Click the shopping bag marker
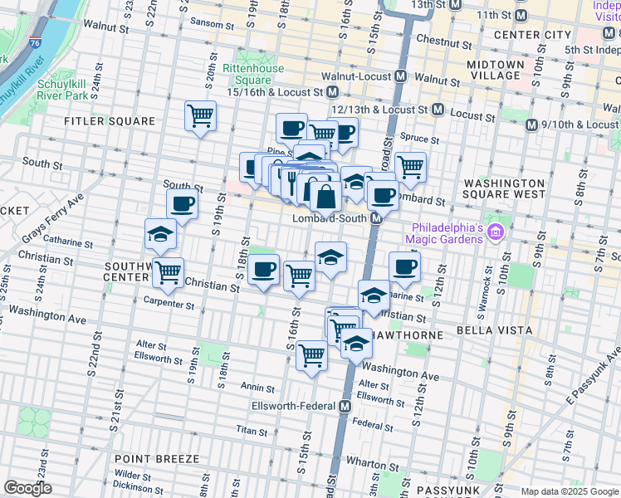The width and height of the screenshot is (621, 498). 326,198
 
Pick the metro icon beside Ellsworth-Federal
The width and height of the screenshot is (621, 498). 345,406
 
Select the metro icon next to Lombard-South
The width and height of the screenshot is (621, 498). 375,218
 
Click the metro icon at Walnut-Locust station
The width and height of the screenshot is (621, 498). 401,77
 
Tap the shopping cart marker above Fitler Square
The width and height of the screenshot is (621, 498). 200,115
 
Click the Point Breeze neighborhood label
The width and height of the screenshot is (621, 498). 157,459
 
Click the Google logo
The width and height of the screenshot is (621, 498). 27,489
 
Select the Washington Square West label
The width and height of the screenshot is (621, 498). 505,188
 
